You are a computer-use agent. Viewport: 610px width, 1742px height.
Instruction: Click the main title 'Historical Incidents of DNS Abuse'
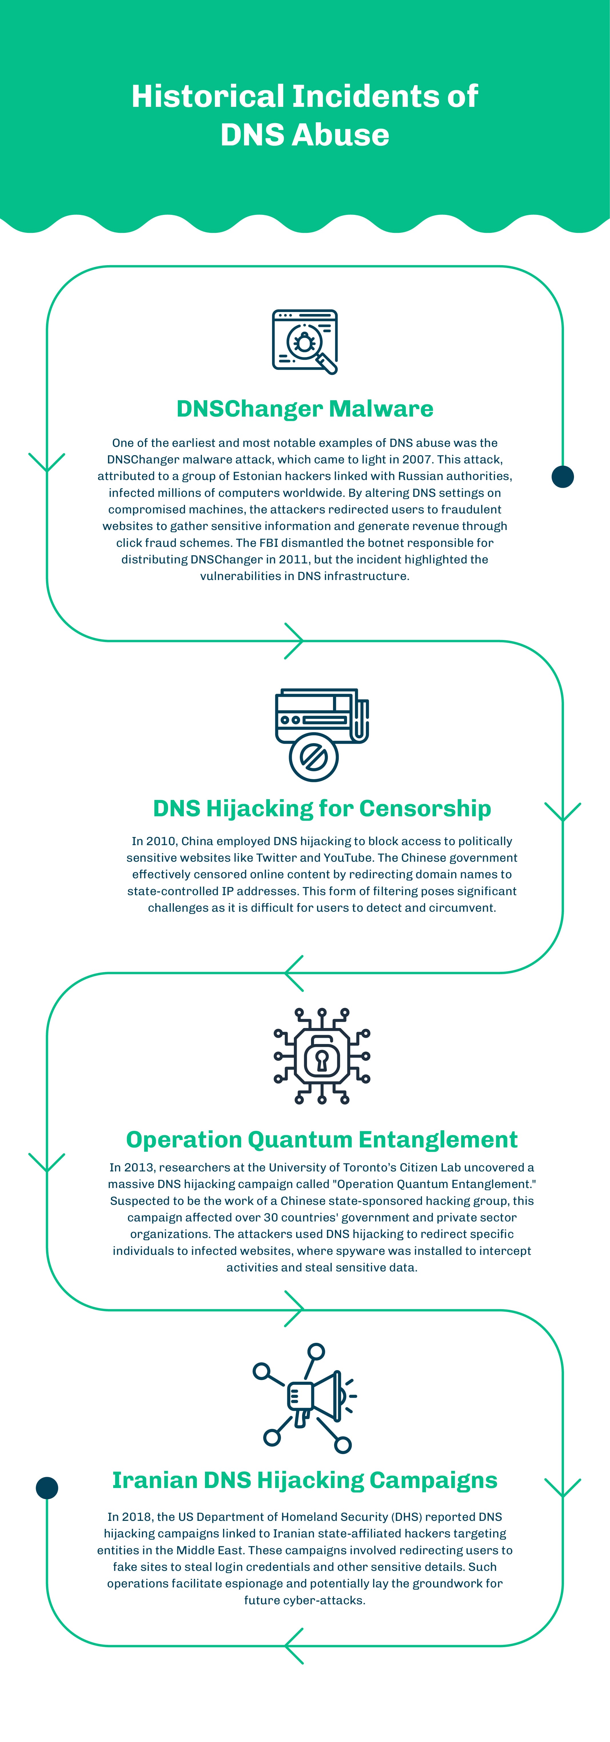[304, 115]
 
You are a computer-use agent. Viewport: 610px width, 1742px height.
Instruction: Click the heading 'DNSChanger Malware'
[304, 409]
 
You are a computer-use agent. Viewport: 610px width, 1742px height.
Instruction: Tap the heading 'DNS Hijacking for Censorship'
[322, 808]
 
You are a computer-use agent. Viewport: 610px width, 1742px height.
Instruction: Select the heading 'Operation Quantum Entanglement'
[322, 1139]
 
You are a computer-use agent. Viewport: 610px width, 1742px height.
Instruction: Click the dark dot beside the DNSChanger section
[563, 477]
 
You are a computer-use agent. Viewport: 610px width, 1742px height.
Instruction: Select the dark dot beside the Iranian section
[47, 1488]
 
